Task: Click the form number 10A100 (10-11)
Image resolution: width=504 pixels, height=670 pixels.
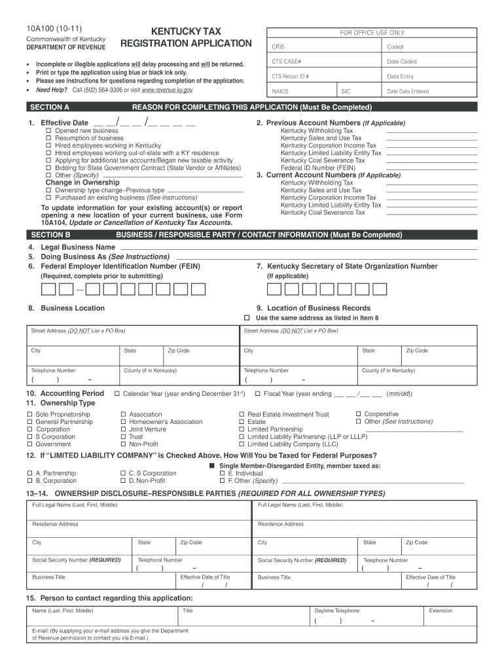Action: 45,29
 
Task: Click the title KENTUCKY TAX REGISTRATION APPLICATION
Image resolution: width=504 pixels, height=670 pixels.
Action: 187,37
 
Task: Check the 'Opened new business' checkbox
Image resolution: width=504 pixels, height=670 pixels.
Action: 48,131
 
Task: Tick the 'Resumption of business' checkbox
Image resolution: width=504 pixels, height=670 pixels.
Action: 48,138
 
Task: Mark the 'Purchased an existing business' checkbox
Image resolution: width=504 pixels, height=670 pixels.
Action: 48,198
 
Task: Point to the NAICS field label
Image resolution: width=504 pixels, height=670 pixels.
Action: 280,92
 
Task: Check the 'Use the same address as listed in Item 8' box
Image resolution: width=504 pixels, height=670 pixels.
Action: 247,318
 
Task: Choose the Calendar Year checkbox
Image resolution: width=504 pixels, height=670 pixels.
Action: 117,394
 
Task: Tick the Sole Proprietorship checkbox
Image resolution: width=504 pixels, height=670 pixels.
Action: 29,415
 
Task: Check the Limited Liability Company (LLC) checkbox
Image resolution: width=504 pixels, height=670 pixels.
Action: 242,444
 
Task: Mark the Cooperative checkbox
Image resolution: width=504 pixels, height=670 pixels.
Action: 358,414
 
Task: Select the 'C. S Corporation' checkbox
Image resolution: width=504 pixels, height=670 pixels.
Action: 123,473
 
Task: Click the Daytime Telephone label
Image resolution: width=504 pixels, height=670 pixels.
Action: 336,610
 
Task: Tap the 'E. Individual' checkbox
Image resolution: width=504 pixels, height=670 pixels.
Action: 222,473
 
